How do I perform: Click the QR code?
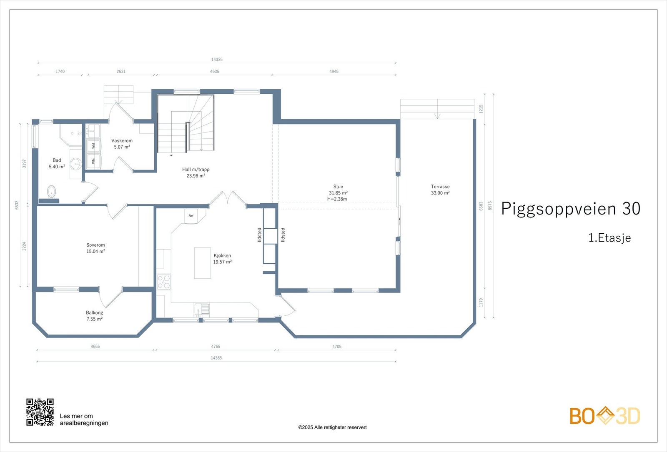click(40, 412)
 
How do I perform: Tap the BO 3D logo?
click(604, 416)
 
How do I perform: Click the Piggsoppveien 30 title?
click(570, 209)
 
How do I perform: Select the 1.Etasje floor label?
click(609, 238)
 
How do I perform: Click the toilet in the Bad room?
click(51, 192)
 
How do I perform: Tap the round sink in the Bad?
click(76, 163)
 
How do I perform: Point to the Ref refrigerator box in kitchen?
click(191, 216)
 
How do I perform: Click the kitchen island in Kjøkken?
click(203, 263)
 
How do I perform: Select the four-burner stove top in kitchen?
click(164, 282)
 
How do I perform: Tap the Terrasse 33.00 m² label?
click(440, 190)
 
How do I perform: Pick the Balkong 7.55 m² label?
click(95, 316)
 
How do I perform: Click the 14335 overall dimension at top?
click(217, 60)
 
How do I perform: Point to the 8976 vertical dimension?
click(490, 205)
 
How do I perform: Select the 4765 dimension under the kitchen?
click(216, 347)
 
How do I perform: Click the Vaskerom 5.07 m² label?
click(122, 144)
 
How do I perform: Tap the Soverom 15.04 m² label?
click(95, 248)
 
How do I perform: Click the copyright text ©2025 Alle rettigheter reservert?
click(332, 427)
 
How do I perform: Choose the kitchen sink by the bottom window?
click(202, 309)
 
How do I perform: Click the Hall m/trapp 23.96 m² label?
click(196, 172)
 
